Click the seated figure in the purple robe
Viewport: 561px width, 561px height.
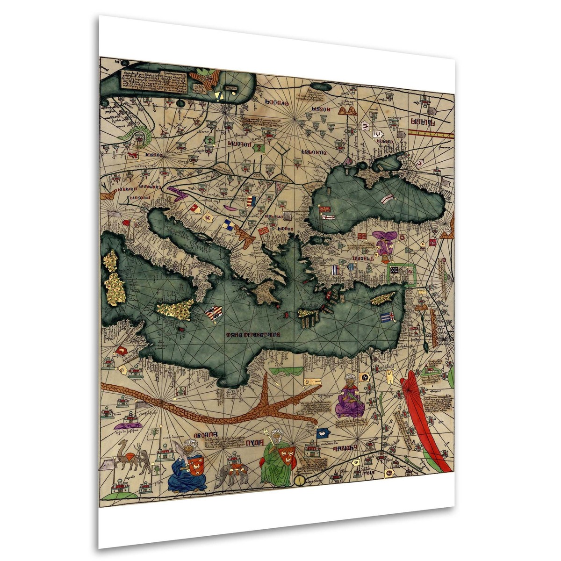pos(351,397)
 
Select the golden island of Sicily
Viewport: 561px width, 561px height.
pos(175,308)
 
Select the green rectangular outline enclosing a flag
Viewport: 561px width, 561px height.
pos(402,273)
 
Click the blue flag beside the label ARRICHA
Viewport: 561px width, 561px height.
pos(324,434)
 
